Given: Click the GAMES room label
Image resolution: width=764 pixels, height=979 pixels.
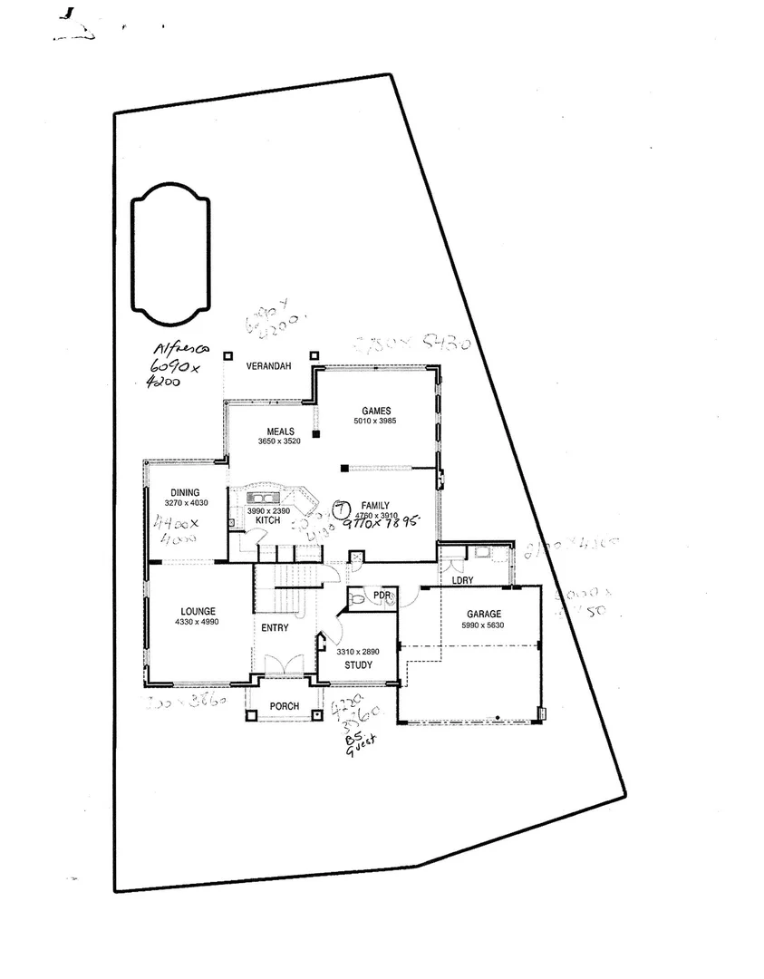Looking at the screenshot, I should [375, 411].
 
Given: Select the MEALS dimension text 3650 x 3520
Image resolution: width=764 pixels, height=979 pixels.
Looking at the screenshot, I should [278, 441].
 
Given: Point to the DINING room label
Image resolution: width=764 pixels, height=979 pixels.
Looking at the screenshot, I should [185, 493].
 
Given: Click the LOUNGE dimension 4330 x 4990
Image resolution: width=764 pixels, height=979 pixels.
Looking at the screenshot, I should [197, 622].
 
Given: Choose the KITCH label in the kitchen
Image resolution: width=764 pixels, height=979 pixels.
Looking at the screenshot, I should [266, 520].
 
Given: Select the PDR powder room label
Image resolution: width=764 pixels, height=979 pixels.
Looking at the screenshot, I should [382, 596].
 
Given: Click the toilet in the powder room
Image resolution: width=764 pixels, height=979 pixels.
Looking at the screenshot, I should [360, 598].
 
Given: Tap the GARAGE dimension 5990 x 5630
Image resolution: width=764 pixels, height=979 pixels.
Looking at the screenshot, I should [483, 625].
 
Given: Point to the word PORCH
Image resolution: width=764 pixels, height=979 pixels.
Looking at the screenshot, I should [284, 706].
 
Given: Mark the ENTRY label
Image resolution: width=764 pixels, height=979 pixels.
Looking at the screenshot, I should [275, 628].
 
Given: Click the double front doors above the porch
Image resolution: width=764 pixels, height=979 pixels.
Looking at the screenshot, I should [284, 664].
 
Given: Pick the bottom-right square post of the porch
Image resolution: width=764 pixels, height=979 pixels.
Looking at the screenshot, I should [316, 715].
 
